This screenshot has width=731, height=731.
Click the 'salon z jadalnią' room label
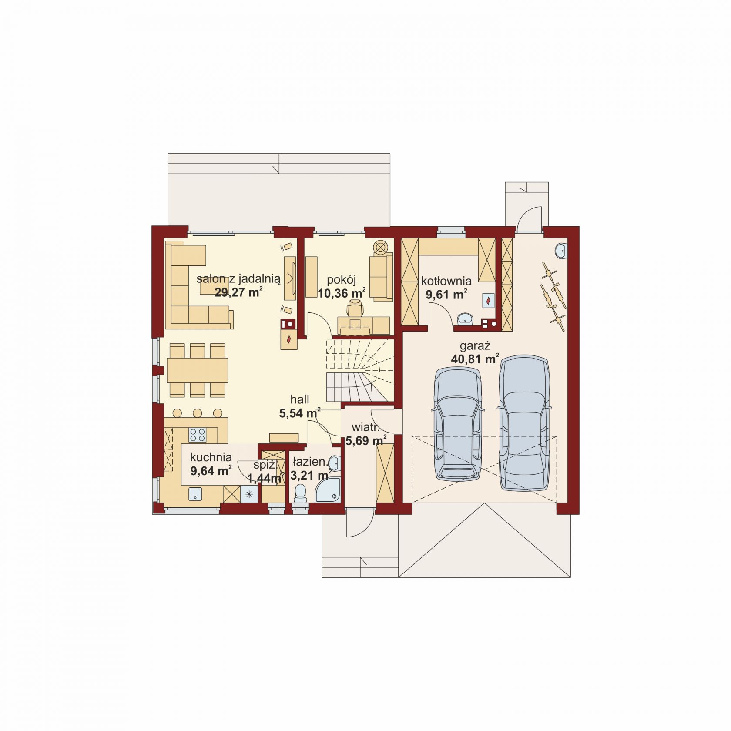pyautogui.click(x=238, y=279)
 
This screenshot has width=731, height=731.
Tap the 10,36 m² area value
pyautogui.click(x=342, y=293)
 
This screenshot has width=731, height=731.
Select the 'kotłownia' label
pyautogui.click(x=446, y=281)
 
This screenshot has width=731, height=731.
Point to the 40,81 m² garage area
pyautogui.click(x=475, y=359)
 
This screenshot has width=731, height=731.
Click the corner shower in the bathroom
pyautogui.click(x=328, y=490)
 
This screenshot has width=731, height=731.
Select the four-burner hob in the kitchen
pyautogui.click(x=197, y=434)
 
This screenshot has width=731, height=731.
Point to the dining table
pyautogui.click(x=198, y=370)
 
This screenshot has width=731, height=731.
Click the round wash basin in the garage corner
pyautogui.click(x=561, y=251)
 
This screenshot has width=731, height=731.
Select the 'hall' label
pyautogui.click(x=300, y=399)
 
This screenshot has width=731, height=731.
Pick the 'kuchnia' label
pyautogui.click(x=211, y=457)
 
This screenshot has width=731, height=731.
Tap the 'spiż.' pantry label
pyautogui.click(x=265, y=465)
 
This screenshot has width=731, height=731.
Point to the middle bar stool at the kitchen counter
pyautogui.click(x=198, y=413)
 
